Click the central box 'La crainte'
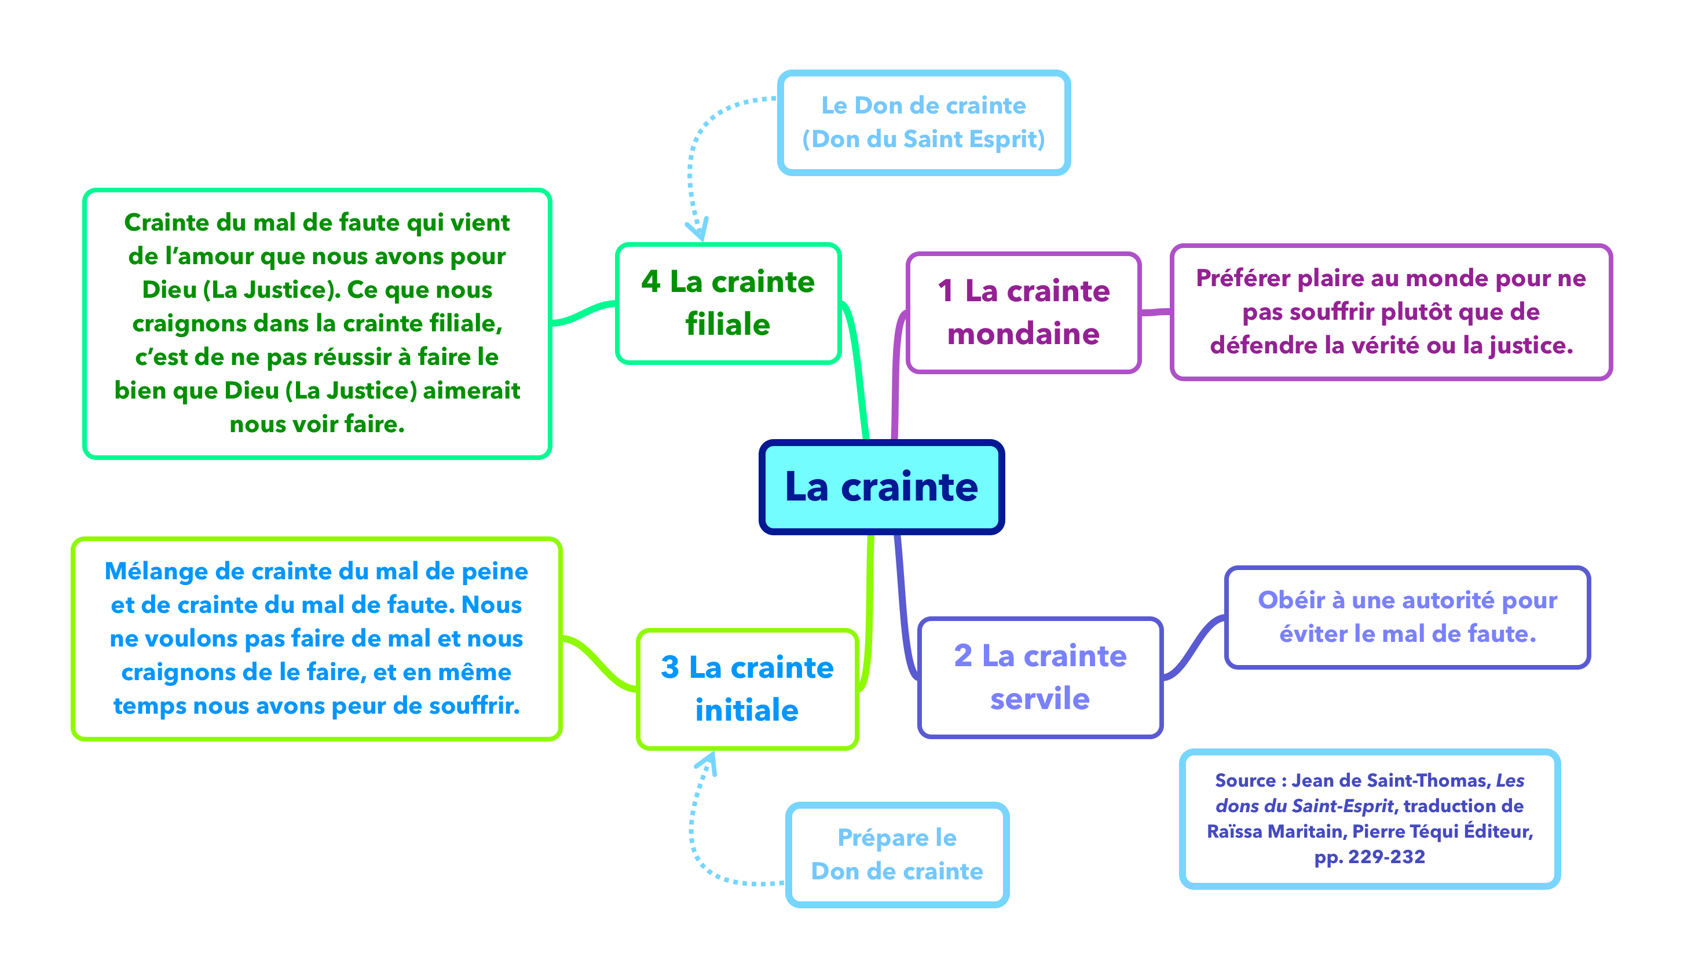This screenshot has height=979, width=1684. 881,487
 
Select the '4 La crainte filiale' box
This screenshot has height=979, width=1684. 727,303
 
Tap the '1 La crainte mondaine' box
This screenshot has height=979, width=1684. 1023,312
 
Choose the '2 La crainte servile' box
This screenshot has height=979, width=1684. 1040,677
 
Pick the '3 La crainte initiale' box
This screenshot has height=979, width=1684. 746,688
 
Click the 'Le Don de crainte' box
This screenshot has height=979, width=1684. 923,122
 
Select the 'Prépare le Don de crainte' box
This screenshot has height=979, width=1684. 897,854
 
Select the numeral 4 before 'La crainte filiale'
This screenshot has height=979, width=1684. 650,282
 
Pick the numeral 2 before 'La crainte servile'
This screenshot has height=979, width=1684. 963,656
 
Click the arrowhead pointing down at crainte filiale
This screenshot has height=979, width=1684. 698,231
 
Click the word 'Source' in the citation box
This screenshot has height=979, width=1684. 1245,780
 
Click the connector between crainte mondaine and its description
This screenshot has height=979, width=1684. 1155,312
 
